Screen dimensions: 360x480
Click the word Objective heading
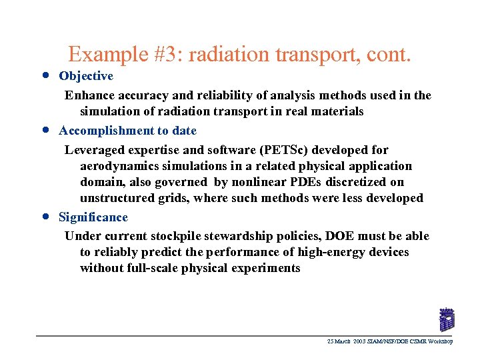tap(86, 77)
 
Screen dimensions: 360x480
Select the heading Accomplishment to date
tap(127, 131)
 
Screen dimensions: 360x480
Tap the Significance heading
tap(93, 217)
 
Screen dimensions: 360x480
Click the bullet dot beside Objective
tap(44, 75)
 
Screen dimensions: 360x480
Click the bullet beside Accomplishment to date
tap(44, 129)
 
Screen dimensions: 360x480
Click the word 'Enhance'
tap(89, 95)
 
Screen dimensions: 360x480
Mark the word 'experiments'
tap(265, 268)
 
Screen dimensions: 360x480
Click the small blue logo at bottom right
tap(446, 319)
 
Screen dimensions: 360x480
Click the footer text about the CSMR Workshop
tap(390, 341)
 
